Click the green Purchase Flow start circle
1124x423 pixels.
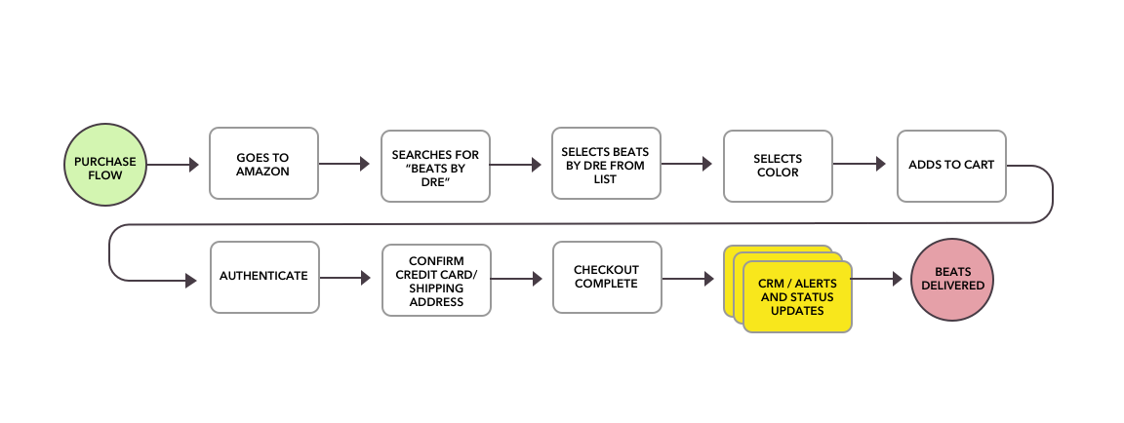click(x=104, y=165)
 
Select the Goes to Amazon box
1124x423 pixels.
click(x=263, y=165)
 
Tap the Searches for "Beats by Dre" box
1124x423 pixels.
click(x=435, y=165)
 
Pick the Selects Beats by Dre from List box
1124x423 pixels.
click(x=606, y=163)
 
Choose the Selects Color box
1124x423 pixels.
click(x=778, y=165)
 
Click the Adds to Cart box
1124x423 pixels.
click(x=950, y=165)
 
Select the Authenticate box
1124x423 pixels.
click(x=263, y=277)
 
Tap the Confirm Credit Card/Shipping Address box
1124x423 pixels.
click(x=435, y=277)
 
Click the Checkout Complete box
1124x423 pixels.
click(x=606, y=277)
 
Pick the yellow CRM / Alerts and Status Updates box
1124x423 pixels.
click(x=797, y=296)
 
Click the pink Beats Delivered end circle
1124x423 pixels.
click(x=951, y=281)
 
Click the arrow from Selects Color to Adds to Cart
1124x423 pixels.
click(x=860, y=166)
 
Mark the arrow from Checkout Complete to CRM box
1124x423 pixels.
click(x=689, y=279)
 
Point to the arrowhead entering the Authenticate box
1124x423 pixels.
click(x=191, y=281)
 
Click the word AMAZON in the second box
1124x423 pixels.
click(x=263, y=172)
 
